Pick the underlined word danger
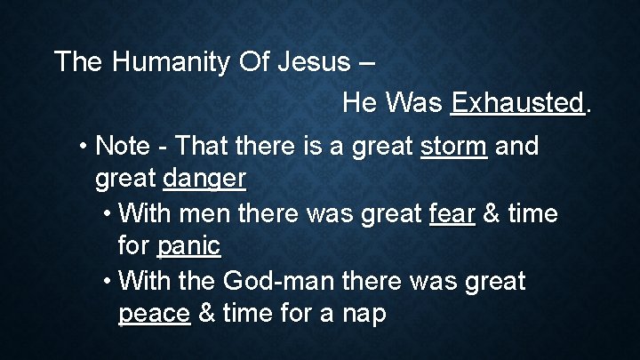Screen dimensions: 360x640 click(204, 180)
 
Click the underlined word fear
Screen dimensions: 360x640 click(452, 213)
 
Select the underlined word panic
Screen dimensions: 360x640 click(189, 247)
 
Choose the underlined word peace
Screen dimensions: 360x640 click(155, 315)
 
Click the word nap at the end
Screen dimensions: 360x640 click(364, 315)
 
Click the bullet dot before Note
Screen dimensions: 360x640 click(83, 146)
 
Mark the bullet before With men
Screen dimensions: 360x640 click(106, 213)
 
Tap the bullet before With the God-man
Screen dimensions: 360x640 click(106, 281)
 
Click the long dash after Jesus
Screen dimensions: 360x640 click(367, 64)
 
